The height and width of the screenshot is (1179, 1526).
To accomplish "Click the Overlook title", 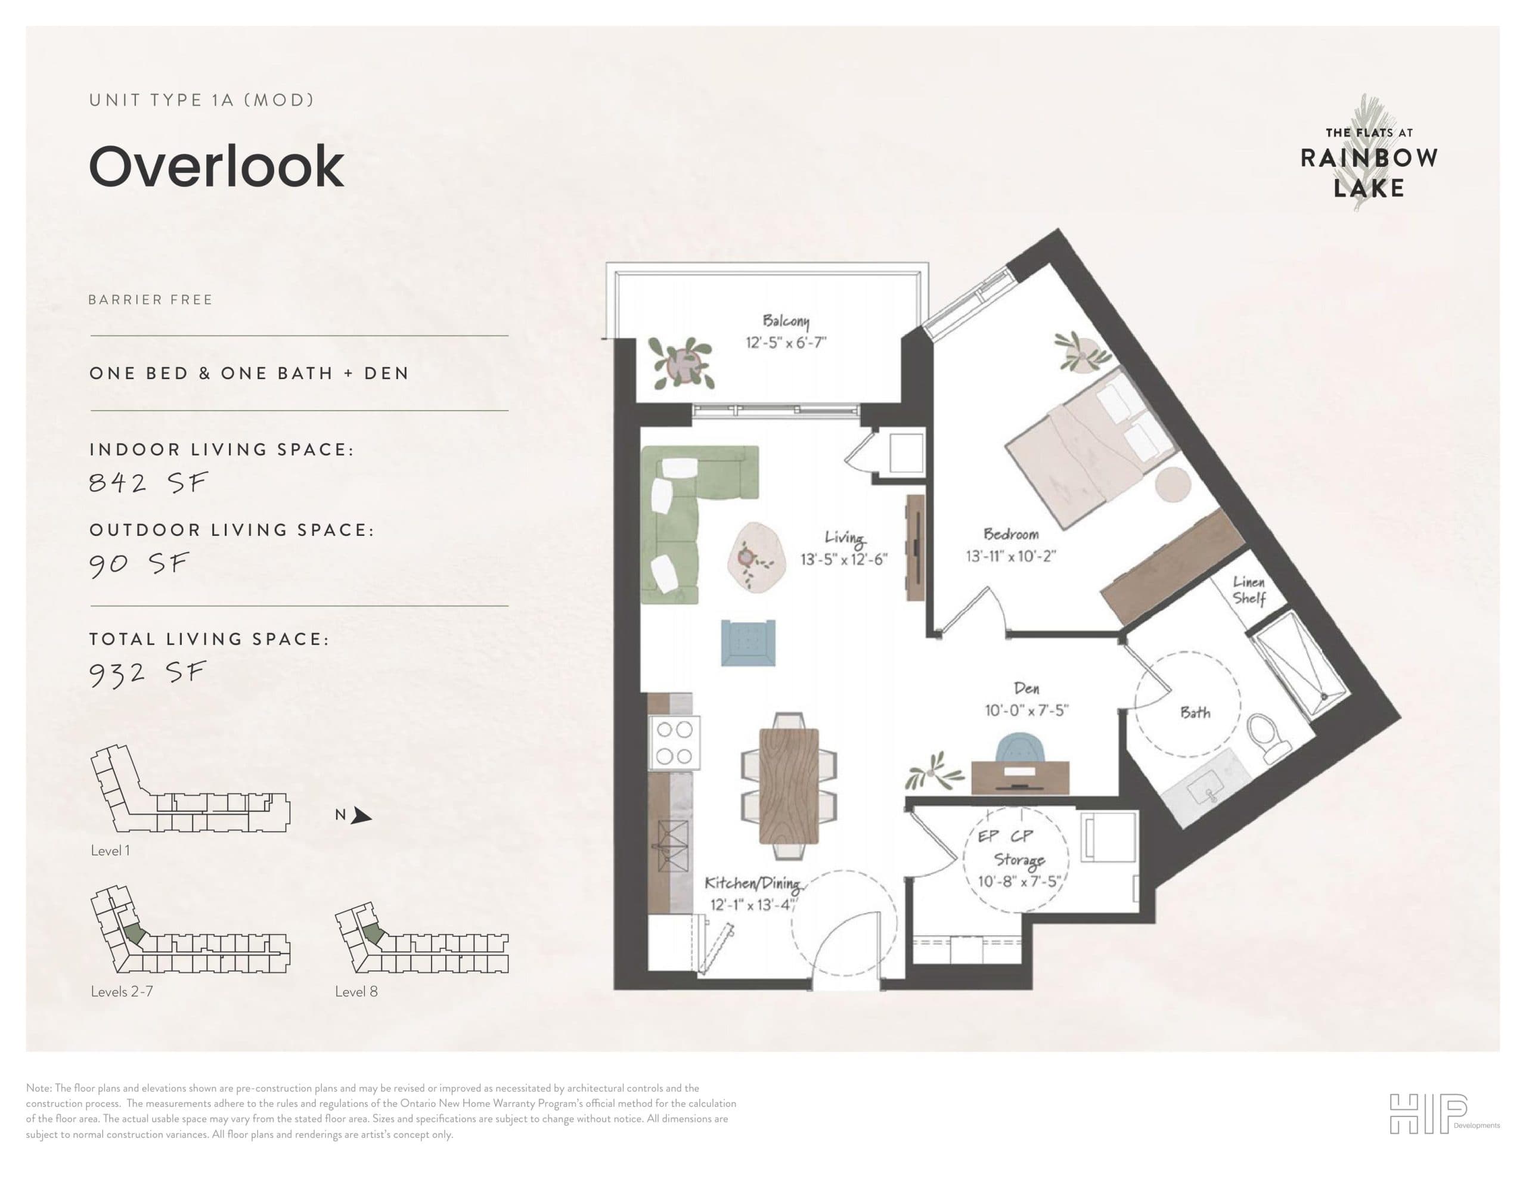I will click(x=216, y=166).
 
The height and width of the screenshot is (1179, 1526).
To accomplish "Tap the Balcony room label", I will click(x=786, y=321).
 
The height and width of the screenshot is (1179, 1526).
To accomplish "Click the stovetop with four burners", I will click(x=674, y=742).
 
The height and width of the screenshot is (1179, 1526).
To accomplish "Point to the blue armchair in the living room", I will click(x=748, y=643).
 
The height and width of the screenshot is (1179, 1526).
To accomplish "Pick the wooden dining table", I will click(x=789, y=786).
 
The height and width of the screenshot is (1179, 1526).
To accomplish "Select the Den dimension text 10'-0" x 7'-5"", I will click(x=1026, y=710).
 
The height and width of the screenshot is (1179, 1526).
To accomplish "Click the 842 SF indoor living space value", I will click(x=148, y=482).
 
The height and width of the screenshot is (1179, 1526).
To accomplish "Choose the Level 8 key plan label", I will click(x=356, y=992).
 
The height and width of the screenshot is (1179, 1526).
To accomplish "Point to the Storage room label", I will click(x=1019, y=860).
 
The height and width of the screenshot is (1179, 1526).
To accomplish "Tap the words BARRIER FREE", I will click(x=150, y=300).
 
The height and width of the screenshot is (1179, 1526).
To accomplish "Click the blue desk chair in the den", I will click(x=1020, y=749).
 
